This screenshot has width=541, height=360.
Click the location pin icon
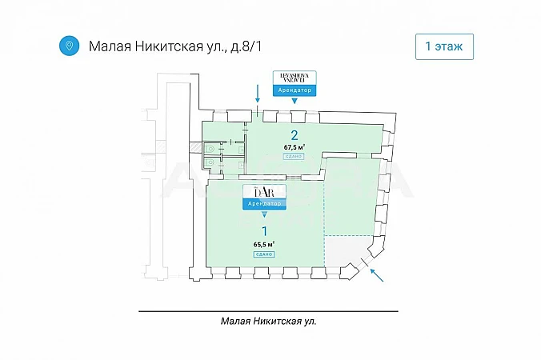70,45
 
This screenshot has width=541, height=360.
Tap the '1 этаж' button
444,46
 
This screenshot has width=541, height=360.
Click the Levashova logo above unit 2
295,78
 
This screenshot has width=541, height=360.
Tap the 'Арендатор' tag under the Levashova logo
295,90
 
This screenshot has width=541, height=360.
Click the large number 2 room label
295,134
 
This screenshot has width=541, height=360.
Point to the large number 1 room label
265,231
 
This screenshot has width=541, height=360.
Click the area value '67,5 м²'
295,147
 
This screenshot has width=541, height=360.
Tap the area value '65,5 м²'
265,244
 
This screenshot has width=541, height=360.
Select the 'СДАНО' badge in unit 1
265,254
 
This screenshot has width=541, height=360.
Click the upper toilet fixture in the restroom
210,147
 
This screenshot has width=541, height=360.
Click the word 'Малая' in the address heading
109,46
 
